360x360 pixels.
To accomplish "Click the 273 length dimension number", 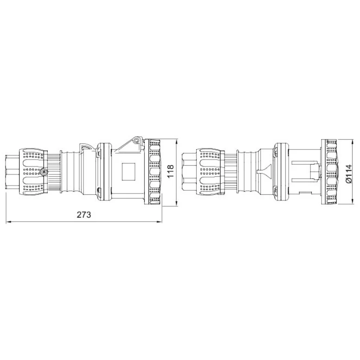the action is [84, 215].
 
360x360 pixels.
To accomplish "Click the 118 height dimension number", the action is [171, 171].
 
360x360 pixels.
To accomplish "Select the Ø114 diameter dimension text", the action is [348, 174].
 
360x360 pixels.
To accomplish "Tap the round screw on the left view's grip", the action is [44, 172].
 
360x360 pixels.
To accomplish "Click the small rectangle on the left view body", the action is [129, 172].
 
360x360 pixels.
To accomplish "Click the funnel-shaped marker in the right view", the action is [264, 171].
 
